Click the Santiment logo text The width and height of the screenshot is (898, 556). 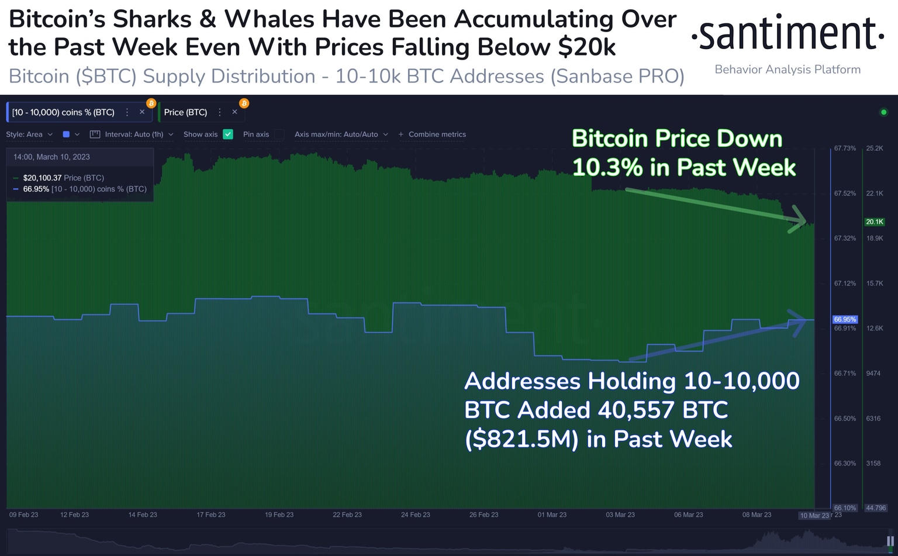(787, 34)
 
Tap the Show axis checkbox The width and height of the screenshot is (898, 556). (228, 134)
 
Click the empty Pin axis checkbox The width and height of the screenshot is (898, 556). (279, 134)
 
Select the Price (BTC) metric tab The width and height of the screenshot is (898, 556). (185, 112)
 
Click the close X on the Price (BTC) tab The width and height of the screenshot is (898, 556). (234, 112)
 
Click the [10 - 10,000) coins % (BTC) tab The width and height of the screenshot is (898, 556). (63, 112)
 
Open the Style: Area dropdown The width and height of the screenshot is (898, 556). (29, 134)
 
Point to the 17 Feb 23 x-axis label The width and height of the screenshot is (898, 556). (210, 514)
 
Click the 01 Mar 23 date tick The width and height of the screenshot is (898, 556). (552, 514)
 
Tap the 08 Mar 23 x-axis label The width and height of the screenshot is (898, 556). (757, 514)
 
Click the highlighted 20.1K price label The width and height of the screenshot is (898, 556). (875, 222)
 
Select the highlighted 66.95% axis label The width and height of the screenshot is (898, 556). (845, 319)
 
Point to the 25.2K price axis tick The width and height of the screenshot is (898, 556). (875, 149)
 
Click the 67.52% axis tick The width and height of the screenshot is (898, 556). (845, 194)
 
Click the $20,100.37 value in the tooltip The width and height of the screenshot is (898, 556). (42, 178)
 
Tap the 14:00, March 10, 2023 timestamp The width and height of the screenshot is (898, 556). (51, 157)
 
